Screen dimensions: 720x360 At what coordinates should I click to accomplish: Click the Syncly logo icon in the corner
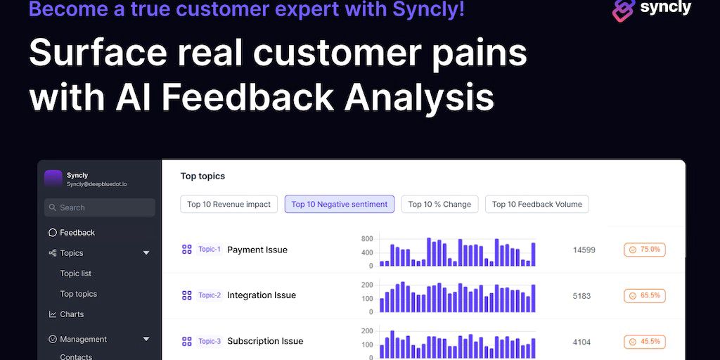[624, 10]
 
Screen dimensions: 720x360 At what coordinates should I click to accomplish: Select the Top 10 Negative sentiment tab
[340, 205]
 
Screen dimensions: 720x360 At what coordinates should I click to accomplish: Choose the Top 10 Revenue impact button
[229, 205]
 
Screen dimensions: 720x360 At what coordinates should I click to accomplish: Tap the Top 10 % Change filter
[439, 205]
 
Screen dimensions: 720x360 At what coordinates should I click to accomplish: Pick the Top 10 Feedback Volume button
[536, 205]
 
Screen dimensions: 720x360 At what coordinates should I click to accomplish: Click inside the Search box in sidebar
[100, 207]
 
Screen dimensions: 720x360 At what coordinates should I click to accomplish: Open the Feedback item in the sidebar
[72, 233]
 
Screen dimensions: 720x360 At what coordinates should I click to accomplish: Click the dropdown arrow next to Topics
[146, 253]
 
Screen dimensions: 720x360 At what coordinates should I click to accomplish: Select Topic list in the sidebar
[76, 274]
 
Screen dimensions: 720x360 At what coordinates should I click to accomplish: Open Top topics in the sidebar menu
[79, 294]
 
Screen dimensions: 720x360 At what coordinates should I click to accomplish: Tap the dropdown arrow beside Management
[146, 340]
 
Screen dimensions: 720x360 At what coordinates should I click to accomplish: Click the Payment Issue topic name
[257, 250]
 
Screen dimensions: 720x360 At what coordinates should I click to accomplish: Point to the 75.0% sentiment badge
[645, 250]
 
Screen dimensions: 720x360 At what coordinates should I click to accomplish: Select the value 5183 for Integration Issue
[581, 296]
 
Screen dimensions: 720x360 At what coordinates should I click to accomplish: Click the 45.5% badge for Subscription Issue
[645, 342]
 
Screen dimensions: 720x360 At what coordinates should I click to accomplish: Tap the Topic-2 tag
[210, 295]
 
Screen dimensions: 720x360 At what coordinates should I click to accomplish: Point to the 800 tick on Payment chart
[367, 239]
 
